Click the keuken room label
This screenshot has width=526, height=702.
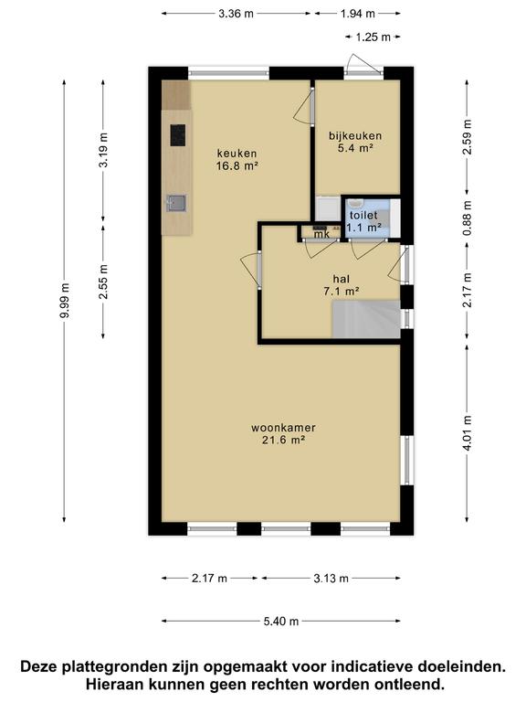tap(237, 154)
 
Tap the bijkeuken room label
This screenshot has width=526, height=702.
tap(355, 135)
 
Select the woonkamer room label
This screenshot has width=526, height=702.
tap(283, 428)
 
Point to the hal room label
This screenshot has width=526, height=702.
tap(342, 280)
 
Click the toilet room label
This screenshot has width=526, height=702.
tap(363, 216)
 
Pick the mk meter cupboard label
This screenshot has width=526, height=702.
tap(321, 234)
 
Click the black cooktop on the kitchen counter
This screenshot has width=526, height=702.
tap(178, 135)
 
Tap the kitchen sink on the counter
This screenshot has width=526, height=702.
tap(176, 203)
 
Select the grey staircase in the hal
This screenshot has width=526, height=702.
tap(366, 319)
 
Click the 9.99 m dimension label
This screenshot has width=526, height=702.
tap(65, 301)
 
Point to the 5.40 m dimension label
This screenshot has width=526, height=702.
tap(281, 621)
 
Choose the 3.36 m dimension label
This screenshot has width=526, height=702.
tap(236, 14)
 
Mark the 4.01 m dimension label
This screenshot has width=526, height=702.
tap(467, 433)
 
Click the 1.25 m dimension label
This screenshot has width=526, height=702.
tap(373, 37)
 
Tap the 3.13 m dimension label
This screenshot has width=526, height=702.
tap(331, 579)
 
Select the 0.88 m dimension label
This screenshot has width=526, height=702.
tap(467, 218)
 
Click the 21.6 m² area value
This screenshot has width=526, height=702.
tap(283, 440)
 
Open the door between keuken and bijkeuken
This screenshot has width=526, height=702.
tap(304, 106)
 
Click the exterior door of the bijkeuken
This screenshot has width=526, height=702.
tap(364, 65)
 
